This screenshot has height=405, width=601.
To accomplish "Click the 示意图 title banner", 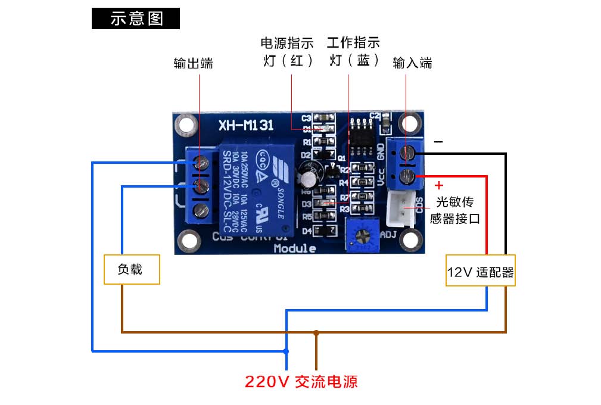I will tap(136, 18).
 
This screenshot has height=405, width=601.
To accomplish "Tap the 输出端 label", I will tap(193, 63).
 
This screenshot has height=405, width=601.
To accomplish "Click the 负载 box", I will tap(131, 269).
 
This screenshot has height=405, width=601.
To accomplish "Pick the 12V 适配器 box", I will tap(480, 272).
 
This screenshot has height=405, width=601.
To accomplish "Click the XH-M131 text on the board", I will tap(245, 125).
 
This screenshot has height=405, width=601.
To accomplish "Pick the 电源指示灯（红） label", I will tap(287, 52).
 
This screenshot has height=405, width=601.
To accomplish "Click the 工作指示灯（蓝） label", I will tap(353, 52).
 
